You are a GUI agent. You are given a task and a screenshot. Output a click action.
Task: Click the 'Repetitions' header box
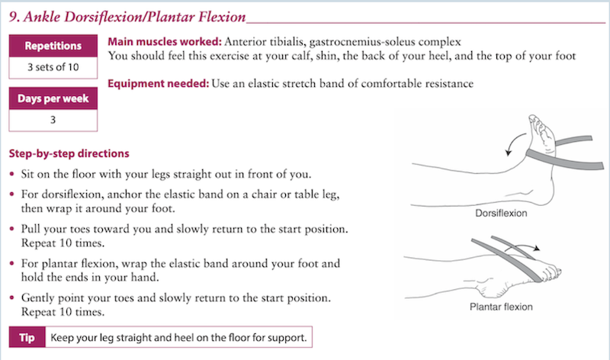tap(53, 46)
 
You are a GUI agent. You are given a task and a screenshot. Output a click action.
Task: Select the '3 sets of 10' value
tap(53, 67)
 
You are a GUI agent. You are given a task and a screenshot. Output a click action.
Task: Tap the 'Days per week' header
tap(53, 99)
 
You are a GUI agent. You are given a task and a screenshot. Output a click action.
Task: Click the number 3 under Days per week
tap(53, 120)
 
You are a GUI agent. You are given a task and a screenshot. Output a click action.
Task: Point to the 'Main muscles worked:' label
tap(165, 42)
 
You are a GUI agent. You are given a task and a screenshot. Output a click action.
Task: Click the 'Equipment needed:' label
tap(159, 84)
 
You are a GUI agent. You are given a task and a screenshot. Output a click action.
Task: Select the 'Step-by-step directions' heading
tap(69, 154)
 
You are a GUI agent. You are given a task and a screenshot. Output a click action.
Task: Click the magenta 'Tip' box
tap(27, 337)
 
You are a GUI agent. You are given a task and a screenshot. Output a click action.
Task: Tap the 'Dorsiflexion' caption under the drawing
tap(501, 214)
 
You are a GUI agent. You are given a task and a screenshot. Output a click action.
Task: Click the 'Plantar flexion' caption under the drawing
tap(501, 307)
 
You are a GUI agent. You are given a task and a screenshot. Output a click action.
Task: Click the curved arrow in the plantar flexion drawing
tap(522, 246)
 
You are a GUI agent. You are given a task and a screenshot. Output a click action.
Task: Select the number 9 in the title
tap(13, 17)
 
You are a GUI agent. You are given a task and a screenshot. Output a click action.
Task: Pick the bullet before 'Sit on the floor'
tap(12, 174)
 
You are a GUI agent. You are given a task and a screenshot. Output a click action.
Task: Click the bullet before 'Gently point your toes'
tap(12, 297)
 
